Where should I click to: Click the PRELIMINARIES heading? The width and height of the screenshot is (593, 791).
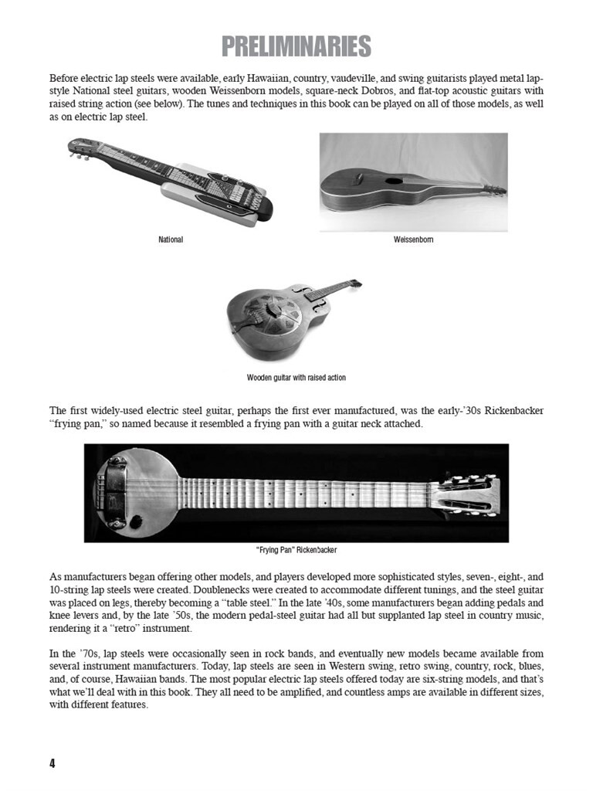point(296,47)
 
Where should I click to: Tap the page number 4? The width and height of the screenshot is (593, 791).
point(53,764)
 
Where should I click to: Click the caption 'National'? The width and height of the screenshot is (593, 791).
point(171,240)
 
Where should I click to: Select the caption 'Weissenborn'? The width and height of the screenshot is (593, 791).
point(413,240)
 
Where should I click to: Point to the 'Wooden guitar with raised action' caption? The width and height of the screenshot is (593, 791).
point(296,378)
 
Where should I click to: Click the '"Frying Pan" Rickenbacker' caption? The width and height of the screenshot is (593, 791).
point(296,551)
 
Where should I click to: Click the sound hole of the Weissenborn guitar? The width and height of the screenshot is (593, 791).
point(394,181)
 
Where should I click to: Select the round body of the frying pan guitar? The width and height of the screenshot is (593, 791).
point(135,493)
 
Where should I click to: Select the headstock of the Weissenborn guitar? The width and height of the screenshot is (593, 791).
point(493,189)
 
